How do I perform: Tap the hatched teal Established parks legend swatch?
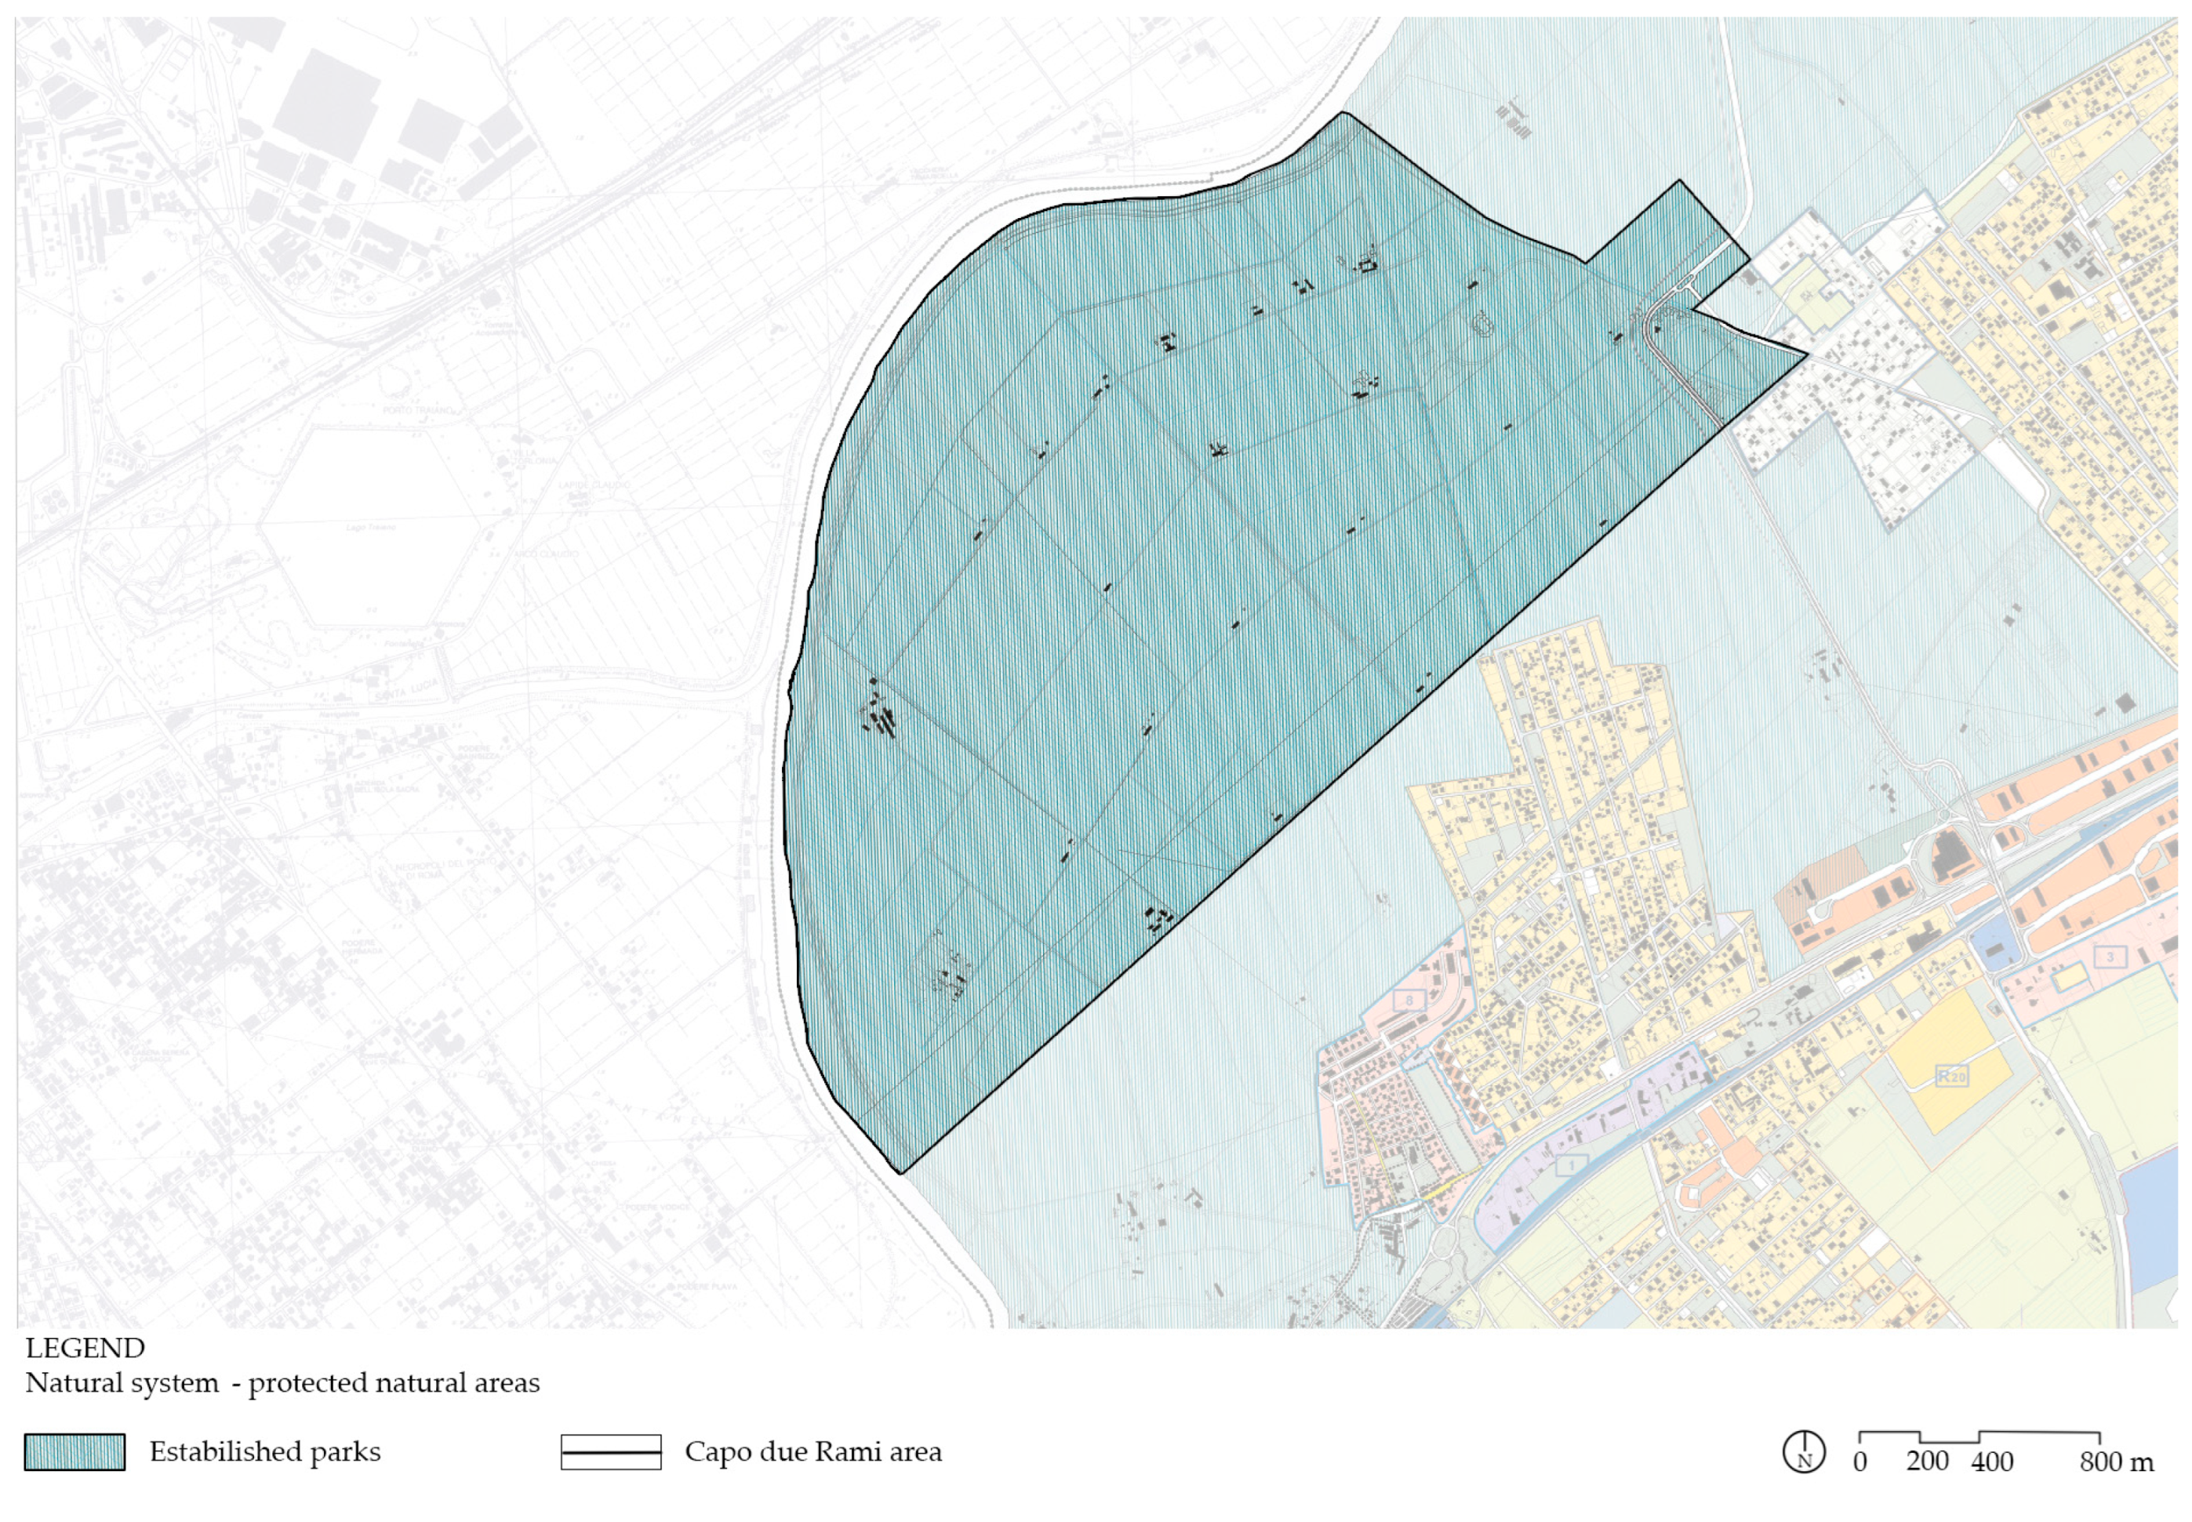(75, 1452)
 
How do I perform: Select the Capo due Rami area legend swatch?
(610, 1452)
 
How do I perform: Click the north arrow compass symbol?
(1803, 1453)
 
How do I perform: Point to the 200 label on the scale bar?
(1927, 1462)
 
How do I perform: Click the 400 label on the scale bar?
(1992, 1462)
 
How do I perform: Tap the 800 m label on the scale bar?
(2116, 1462)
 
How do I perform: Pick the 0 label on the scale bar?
(1860, 1462)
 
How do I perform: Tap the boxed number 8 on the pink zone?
(1409, 1001)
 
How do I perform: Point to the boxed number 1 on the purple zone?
(1571, 1164)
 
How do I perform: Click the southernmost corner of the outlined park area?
(900, 1173)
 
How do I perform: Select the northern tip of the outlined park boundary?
(1343, 113)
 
